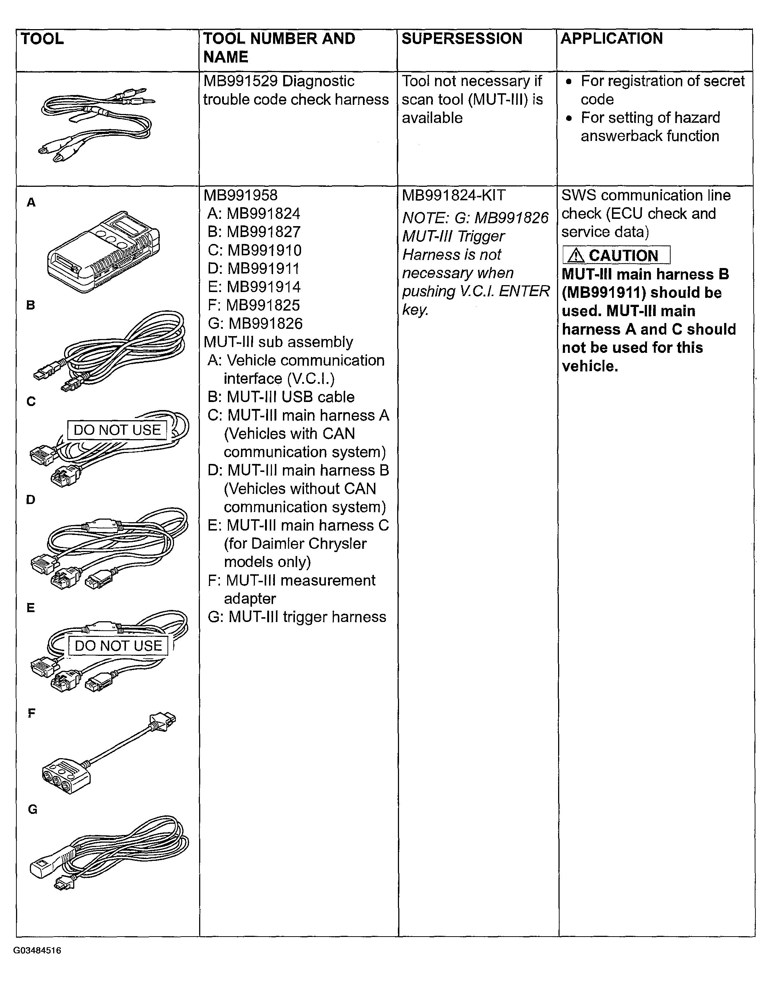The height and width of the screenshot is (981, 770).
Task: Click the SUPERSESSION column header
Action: coord(462,39)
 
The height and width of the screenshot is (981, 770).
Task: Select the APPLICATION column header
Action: coord(611,39)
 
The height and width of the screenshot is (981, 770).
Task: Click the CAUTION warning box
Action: coord(616,255)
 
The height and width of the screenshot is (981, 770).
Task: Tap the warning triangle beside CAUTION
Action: coord(576,256)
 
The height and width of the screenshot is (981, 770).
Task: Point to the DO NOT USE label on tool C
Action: coord(117,430)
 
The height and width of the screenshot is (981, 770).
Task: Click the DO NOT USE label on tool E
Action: coord(118,646)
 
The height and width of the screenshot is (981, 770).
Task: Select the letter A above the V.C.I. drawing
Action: coord(31,202)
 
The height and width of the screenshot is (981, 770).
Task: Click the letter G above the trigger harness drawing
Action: coord(32,809)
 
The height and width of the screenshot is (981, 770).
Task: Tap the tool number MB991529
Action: coord(240,81)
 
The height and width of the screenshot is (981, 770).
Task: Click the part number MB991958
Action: coord(240,195)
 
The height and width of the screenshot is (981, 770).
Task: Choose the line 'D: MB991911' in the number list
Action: coord(254,269)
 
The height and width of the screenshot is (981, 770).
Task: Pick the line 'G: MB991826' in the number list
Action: coord(255,324)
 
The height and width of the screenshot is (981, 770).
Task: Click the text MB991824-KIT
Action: coord(454,195)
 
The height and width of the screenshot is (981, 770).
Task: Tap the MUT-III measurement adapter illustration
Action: coord(108,753)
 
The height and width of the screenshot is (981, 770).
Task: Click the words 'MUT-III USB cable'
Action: coord(290,397)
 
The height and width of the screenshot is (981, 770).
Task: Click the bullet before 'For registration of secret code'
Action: coord(570,82)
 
